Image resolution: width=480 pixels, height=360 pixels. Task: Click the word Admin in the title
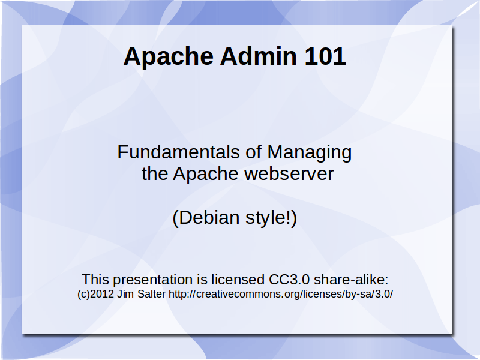click(259, 56)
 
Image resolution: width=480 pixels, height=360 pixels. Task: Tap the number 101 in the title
click(325, 56)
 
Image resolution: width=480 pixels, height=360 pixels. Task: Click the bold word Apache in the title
click(169, 57)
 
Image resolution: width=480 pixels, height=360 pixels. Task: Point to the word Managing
click(310, 153)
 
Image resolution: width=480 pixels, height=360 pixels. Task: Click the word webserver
click(289, 174)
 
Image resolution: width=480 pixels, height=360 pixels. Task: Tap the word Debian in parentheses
click(206, 218)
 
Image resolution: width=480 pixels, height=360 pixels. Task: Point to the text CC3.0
click(289, 280)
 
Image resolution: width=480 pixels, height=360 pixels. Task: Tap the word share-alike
click(351, 280)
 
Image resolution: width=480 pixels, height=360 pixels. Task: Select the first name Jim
click(125, 294)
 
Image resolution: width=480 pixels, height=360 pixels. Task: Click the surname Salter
click(152, 294)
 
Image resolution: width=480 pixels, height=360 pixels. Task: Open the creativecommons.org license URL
click(281, 294)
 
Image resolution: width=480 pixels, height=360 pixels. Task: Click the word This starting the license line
click(95, 280)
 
